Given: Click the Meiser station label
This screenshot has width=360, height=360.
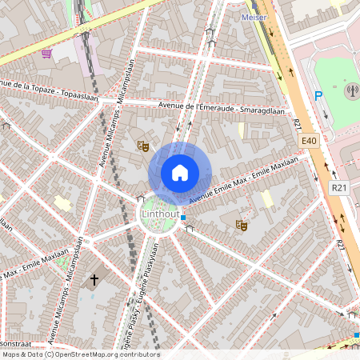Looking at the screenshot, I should (x=254, y=16).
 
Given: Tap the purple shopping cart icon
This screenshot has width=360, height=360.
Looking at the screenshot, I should (x=47, y=54).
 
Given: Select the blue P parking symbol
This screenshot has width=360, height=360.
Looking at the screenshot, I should (x=318, y=96).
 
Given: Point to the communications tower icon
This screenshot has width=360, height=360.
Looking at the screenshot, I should (x=351, y=90).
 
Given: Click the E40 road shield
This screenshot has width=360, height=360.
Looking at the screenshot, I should (x=310, y=140).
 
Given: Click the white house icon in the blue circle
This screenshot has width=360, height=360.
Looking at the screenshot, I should (x=180, y=173).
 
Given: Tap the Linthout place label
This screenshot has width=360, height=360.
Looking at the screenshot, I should (x=160, y=215).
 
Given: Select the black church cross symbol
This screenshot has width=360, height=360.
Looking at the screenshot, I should (x=94, y=279).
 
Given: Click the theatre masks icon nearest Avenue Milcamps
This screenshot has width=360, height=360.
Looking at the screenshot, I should (x=143, y=146).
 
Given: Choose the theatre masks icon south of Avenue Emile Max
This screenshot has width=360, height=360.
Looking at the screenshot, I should (x=240, y=226).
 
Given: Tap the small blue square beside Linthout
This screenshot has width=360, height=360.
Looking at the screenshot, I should (x=183, y=218).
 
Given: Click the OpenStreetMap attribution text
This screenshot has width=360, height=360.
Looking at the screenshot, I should (x=80, y=354).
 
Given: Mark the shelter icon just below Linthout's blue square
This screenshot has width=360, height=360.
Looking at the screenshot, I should (x=190, y=229).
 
